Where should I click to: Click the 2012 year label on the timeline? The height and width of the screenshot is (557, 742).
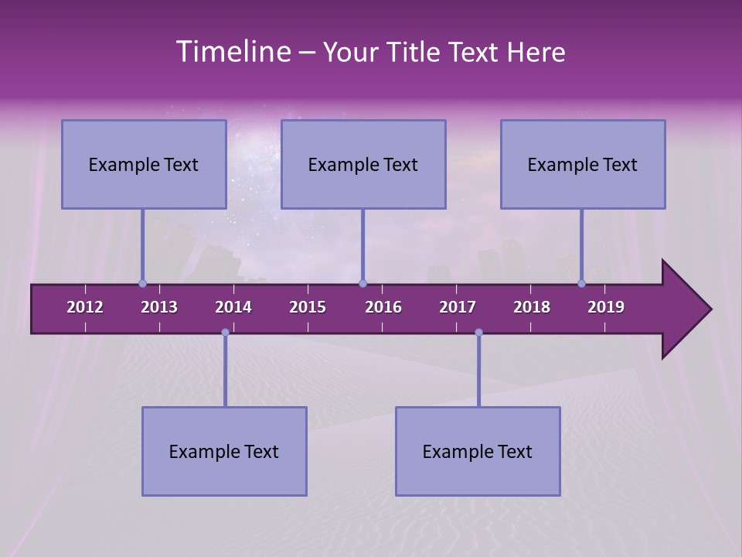(85, 307)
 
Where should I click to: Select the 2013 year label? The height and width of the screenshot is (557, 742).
(159, 307)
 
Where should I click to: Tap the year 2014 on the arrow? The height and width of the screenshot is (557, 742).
(233, 307)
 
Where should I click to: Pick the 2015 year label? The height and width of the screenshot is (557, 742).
(308, 307)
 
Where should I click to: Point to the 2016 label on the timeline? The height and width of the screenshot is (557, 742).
(383, 307)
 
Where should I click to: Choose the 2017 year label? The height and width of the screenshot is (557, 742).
(458, 307)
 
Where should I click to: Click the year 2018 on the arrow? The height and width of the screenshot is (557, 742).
(532, 307)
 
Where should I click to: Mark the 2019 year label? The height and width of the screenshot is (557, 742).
(606, 307)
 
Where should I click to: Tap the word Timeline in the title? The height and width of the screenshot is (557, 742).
(233, 52)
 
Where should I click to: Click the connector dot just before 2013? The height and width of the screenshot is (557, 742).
(142, 284)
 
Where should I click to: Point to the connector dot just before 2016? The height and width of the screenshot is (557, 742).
(362, 284)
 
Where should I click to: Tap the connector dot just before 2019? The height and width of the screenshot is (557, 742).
(582, 284)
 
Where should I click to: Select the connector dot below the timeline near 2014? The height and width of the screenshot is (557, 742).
(225, 333)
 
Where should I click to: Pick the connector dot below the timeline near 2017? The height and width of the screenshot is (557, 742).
(478, 333)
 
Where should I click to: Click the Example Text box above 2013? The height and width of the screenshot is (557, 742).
(144, 164)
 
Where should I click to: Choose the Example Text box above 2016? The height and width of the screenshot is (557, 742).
(363, 164)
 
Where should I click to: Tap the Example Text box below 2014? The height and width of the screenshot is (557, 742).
(224, 451)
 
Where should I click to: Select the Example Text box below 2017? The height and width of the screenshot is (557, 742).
(478, 451)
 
